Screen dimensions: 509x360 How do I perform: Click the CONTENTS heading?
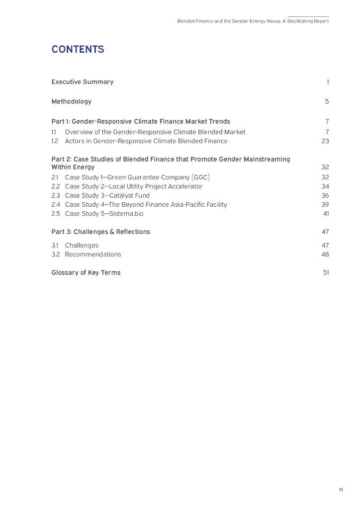coord(78,50)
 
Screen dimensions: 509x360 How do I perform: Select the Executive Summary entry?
coord(82,82)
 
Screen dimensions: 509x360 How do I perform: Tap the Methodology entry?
coord(71,102)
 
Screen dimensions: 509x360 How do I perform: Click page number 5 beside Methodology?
coord(327,102)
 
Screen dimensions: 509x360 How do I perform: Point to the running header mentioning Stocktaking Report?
coord(253,21)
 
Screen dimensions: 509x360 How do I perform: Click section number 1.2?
coord(55,141)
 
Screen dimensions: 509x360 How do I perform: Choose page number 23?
coord(325,141)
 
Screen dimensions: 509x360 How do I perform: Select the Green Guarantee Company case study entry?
coord(134,177)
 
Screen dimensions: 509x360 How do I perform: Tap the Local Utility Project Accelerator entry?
coord(134,186)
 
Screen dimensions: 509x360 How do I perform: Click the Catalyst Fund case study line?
coord(107,195)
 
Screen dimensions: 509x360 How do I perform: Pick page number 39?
coord(325,204)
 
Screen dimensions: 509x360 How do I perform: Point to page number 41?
coord(326,214)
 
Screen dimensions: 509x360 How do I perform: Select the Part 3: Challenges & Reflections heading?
coord(100,232)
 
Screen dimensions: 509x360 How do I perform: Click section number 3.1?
coord(55,246)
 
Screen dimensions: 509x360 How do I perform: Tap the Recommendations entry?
coord(92,254)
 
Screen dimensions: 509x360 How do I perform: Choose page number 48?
coord(325,254)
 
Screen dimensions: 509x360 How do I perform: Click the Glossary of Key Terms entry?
coord(86,273)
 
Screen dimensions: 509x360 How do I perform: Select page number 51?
coord(326,273)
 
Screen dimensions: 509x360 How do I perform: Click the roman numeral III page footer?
coord(341,490)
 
